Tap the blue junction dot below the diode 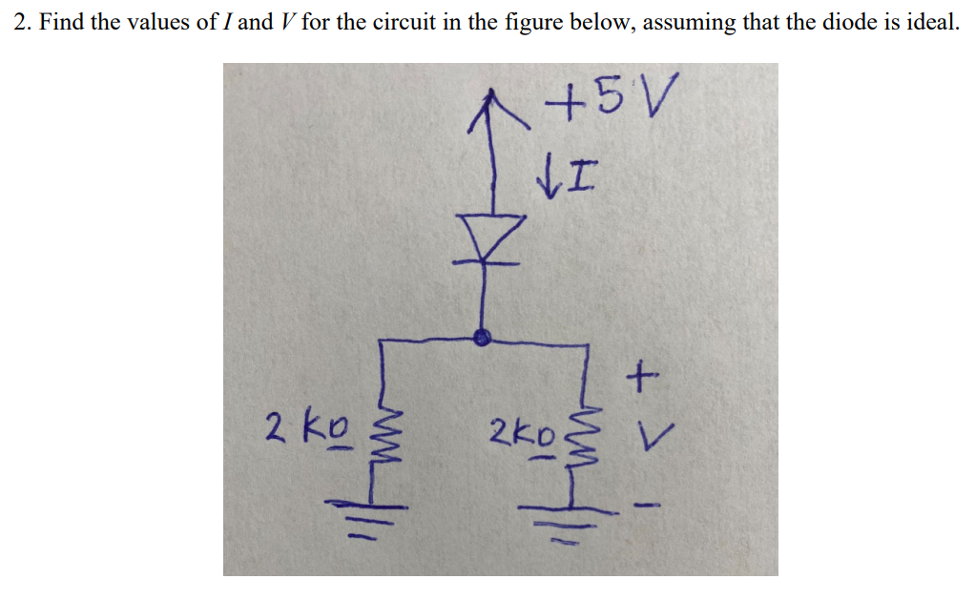[x=484, y=336]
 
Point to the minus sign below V [x=647, y=504]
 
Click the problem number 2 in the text [x=21, y=23]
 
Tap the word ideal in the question [x=928, y=23]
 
